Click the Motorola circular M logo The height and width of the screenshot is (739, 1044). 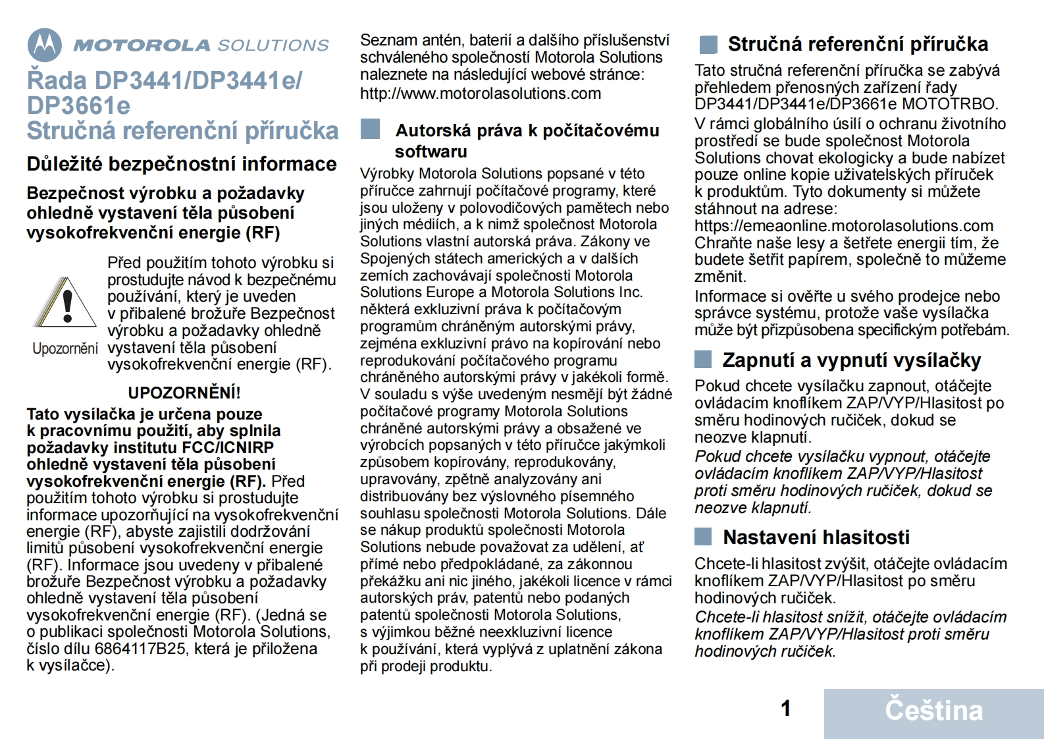pos(45,45)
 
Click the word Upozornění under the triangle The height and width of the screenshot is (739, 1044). pos(65,348)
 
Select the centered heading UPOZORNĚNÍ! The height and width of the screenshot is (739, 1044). pos(184,393)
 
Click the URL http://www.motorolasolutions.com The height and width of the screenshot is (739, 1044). pos(481,94)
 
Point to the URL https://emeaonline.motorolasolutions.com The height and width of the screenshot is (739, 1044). pos(844,226)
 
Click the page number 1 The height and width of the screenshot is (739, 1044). pos(785,709)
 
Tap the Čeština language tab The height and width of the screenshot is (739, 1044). pos(933,711)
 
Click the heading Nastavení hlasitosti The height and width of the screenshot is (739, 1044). pos(816,537)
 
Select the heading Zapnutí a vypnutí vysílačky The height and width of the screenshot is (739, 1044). pos(852,360)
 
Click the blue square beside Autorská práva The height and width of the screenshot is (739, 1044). pos(371,129)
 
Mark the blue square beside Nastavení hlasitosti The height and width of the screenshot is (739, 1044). pos(703,537)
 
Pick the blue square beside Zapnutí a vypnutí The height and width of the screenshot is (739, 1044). pos(703,360)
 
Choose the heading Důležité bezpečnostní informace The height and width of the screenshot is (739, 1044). pos(182,164)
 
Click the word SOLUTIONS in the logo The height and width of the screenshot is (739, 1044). pos(273,45)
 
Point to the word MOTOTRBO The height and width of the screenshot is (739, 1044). pos(950,104)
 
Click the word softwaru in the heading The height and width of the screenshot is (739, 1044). pos(431,151)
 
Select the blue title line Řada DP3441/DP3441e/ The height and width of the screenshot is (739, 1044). pos(165,80)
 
